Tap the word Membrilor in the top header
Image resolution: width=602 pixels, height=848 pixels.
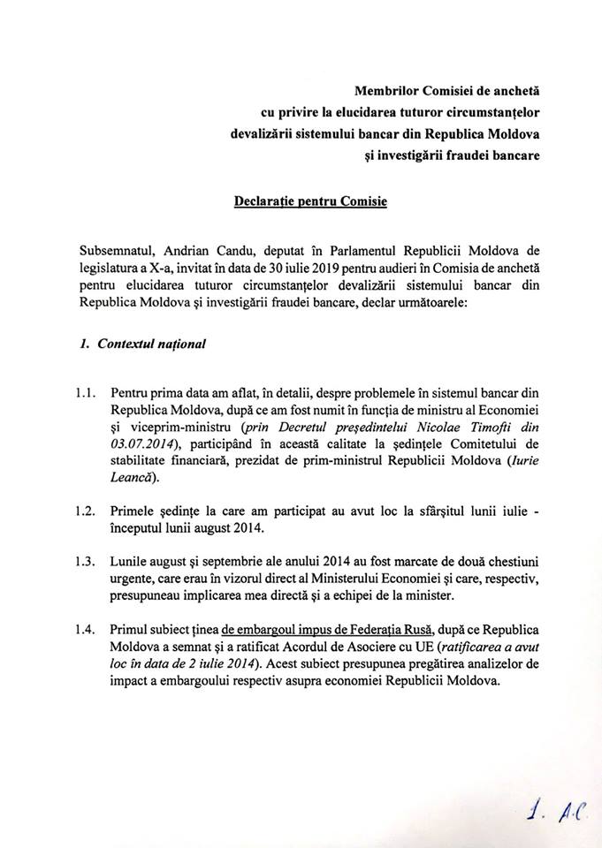(385, 91)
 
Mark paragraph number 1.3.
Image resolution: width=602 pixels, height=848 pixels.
(85, 560)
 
